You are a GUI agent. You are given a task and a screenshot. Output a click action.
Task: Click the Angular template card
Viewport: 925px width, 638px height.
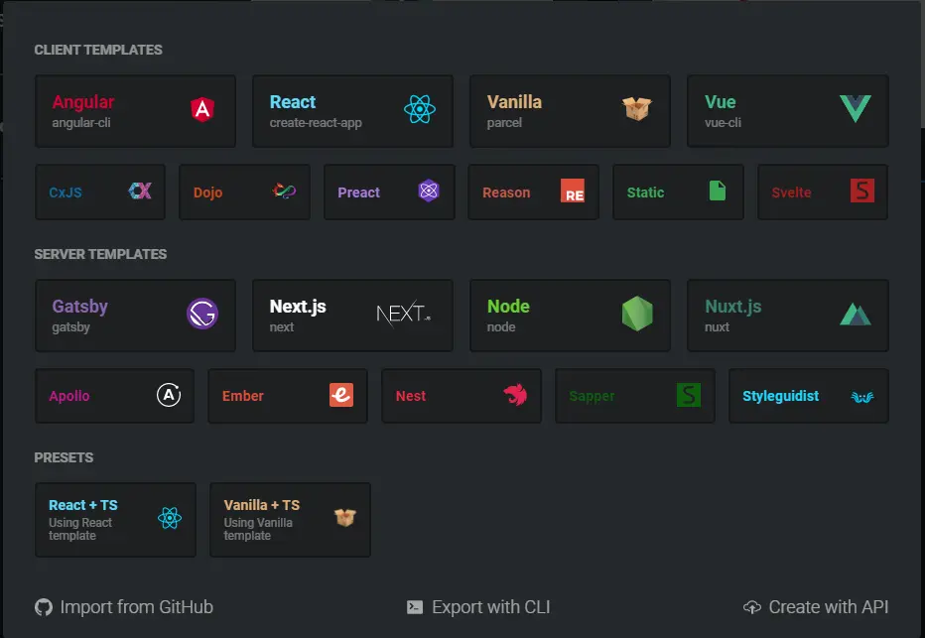tap(135, 111)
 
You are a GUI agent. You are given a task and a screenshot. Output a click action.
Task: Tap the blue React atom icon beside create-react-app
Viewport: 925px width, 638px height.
tap(420, 109)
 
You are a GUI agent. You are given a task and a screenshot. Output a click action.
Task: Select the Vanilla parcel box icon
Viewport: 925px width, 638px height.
tap(637, 109)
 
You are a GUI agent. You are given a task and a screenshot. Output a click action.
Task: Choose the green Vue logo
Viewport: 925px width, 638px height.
tap(855, 109)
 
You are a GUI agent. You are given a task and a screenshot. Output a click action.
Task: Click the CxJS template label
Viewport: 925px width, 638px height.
tap(66, 192)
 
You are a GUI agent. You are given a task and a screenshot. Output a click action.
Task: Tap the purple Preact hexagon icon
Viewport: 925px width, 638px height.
tap(428, 191)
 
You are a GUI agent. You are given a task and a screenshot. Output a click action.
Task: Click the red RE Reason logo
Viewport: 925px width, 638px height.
tap(573, 191)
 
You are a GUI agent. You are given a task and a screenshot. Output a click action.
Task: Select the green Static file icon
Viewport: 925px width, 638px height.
tap(718, 191)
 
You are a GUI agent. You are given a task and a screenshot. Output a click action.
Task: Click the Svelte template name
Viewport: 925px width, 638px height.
tap(791, 192)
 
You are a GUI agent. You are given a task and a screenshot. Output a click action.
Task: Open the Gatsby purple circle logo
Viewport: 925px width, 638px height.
tap(202, 315)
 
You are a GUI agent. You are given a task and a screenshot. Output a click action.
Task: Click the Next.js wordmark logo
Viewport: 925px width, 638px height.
tap(403, 315)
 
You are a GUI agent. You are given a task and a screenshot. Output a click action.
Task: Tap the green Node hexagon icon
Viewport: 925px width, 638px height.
tap(637, 315)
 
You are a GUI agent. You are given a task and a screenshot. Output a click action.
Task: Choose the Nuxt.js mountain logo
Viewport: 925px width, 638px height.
tap(855, 315)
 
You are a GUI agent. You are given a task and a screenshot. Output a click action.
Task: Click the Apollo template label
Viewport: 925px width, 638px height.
tap(69, 396)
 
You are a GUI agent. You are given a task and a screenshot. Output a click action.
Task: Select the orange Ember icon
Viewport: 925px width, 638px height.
tap(341, 395)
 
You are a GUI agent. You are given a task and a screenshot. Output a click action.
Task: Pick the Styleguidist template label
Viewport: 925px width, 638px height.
tap(781, 396)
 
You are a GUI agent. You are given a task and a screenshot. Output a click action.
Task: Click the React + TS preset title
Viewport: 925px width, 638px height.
tap(83, 505)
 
